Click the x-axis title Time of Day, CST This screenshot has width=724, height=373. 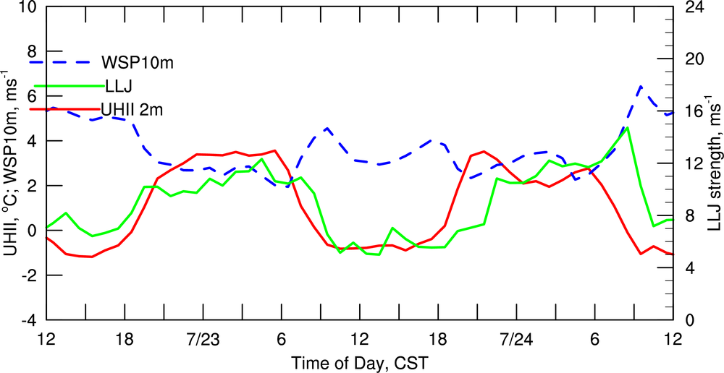point(359,361)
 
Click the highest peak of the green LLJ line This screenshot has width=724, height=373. point(627,128)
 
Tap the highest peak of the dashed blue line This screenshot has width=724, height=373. point(641,86)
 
